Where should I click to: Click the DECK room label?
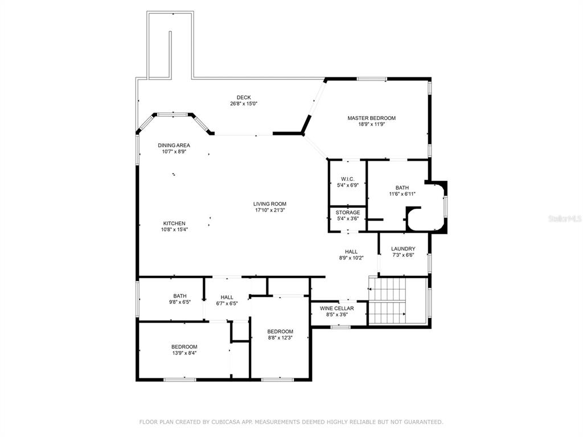coord(244,97)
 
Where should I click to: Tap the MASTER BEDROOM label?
coord(371,118)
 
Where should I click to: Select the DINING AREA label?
coord(174,145)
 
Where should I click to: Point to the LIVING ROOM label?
coord(270,204)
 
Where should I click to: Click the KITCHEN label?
coord(174,223)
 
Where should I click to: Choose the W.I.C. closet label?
coord(348,179)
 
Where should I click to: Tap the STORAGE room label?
coord(348,213)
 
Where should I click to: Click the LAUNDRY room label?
coord(403,249)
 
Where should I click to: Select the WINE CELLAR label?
coord(337,308)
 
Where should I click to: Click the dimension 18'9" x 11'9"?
coord(371,125)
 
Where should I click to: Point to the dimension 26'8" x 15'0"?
coord(244,104)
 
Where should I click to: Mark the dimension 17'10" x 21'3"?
coord(270,210)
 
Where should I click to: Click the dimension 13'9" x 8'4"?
coord(184,353)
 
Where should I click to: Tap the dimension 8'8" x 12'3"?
coord(280,338)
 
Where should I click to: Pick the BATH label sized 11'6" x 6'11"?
coord(403,188)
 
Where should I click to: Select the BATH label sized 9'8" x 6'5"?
coord(180,296)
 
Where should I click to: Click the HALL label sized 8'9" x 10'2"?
coord(351,252)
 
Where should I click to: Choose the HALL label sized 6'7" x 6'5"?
coord(227,297)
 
